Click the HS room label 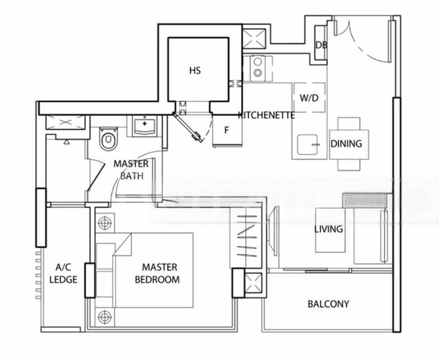pyautogui.click(x=195, y=71)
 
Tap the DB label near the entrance pyautogui.click(x=321, y=45)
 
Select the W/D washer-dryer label pyautogui.click(x=309, y=97)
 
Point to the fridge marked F pyautogui.click(x=227, y=130)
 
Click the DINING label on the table pyautogui.click(x=347, y=144)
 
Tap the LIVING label pyautogui.click(x=329, y=229)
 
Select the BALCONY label pyautogui.click(x=328, y=304)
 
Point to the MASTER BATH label pyautogui.click(x=131, y=170)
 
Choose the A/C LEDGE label pyautogui.click(x=64, y=274)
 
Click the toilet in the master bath pyautogui.click(x=108, y=139)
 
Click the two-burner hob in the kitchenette pyautogui.click(x=258, y=67)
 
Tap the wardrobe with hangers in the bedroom pyautogui.click(x=248, y=236)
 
